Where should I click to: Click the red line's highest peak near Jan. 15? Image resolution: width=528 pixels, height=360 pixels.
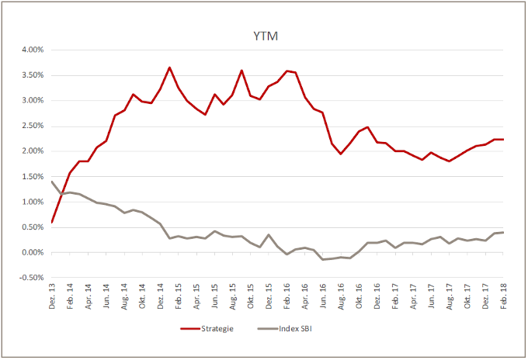(169, 67)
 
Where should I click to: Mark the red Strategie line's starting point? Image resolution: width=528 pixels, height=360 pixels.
(52, 222)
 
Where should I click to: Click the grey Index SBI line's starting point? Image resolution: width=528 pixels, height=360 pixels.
(52, 182)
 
